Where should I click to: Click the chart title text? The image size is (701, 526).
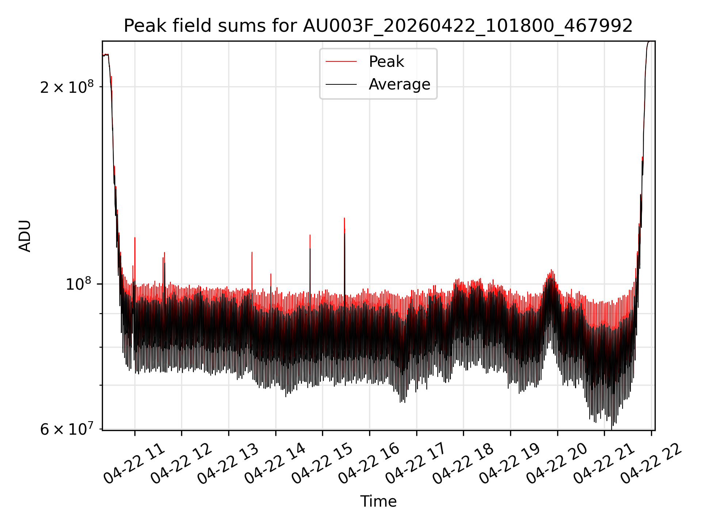(x=378, y=26)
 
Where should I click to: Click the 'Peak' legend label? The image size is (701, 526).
(x=386, y=62)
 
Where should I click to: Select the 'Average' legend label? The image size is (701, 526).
(x=399, y=84)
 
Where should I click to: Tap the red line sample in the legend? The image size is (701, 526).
(x=341, y=62)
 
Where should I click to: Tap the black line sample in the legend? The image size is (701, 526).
(x=341, y=84)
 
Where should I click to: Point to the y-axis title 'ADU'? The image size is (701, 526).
(x=25, y=236)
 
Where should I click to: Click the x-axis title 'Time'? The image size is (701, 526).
(x=378, y=501)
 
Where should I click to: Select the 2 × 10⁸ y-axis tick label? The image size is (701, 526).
(x=67, y=87)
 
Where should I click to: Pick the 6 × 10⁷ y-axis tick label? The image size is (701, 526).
(x=67, y=429)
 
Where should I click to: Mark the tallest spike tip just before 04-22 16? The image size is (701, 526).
(x=344, y=218)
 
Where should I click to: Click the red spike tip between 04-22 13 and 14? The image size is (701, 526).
(x=252, y=252)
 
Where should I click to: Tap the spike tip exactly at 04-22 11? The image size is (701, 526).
(x=135, y=237)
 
